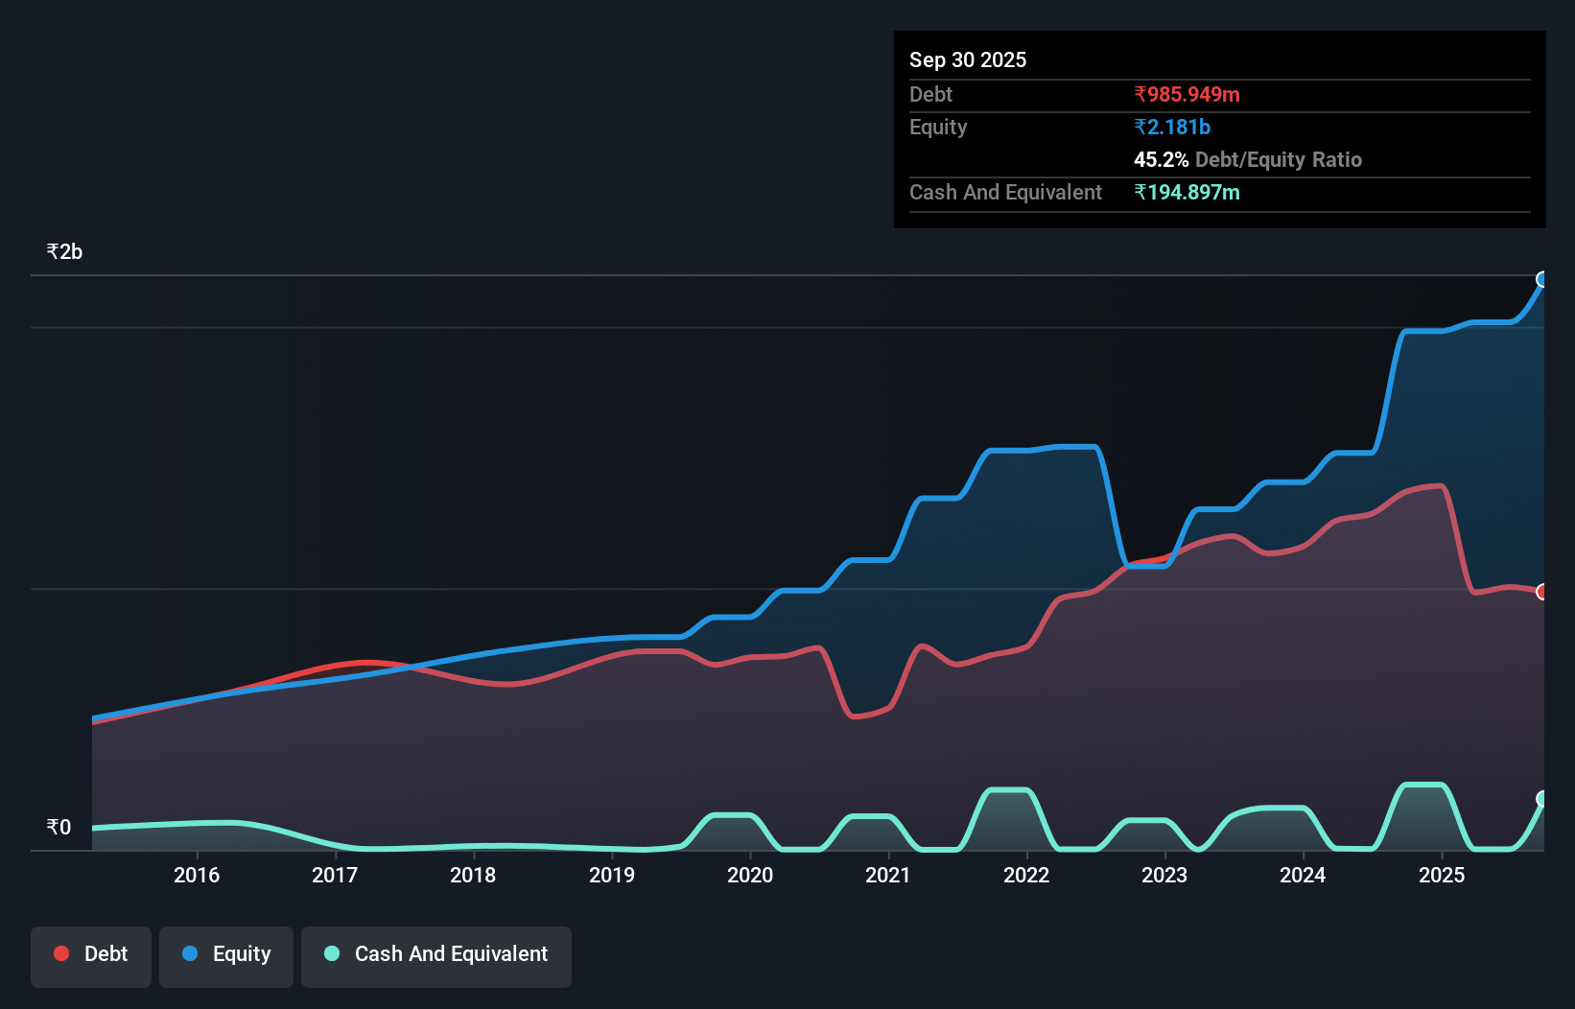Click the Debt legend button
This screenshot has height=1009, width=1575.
91,954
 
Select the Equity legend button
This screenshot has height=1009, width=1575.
226,954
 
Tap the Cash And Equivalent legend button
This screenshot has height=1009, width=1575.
436,954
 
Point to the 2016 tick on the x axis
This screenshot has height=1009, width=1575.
197,875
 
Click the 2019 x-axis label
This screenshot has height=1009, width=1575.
612,875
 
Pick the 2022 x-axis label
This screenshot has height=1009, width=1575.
1026,875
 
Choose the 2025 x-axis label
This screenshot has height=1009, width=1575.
1442,875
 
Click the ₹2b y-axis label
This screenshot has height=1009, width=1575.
64,252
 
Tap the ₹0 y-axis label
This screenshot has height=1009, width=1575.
59,827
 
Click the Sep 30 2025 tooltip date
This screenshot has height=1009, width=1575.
968,59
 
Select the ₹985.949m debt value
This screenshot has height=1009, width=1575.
1187,94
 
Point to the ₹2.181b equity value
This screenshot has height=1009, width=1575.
1172,127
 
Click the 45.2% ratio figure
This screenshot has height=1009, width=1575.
1161,159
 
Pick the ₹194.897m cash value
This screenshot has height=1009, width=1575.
1187,192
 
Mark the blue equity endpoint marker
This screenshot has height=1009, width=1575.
1542,279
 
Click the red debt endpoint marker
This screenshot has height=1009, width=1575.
1542,592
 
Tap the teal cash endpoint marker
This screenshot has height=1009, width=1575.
1542,799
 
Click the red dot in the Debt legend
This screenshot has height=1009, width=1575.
61,953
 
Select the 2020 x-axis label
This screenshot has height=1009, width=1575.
750,875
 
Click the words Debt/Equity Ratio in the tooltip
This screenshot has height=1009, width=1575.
1278,159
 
